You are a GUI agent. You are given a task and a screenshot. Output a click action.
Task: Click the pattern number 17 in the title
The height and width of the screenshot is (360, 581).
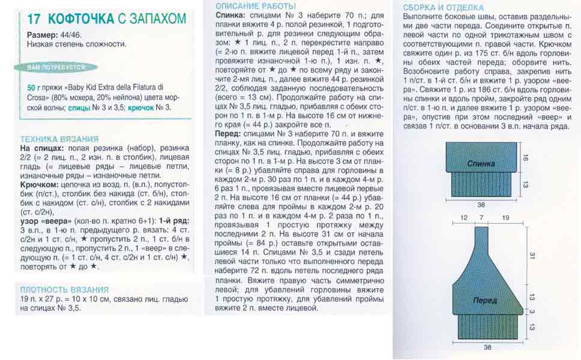[x=35, y=19]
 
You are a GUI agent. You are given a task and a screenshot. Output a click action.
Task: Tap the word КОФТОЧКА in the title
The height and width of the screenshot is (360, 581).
[x=80, y=19]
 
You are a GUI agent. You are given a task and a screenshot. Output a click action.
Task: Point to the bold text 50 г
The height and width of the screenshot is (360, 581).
[x=36, y=88]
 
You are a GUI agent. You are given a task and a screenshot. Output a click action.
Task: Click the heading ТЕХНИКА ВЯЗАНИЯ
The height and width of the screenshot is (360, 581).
[x=59, y=139]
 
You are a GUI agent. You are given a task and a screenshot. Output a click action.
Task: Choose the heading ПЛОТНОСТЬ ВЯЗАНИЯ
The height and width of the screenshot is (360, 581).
[x=64, y=289]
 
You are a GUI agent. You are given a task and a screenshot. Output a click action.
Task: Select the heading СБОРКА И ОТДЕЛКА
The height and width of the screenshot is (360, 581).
[x=444, y=7]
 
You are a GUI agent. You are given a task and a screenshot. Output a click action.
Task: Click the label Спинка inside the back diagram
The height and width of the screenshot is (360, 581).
[x=481, y=163]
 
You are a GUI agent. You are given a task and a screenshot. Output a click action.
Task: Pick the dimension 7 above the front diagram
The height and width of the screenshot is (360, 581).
[x=481, y=217]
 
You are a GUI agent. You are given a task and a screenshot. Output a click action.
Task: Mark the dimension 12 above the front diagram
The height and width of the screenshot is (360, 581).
[x=463, y=217]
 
